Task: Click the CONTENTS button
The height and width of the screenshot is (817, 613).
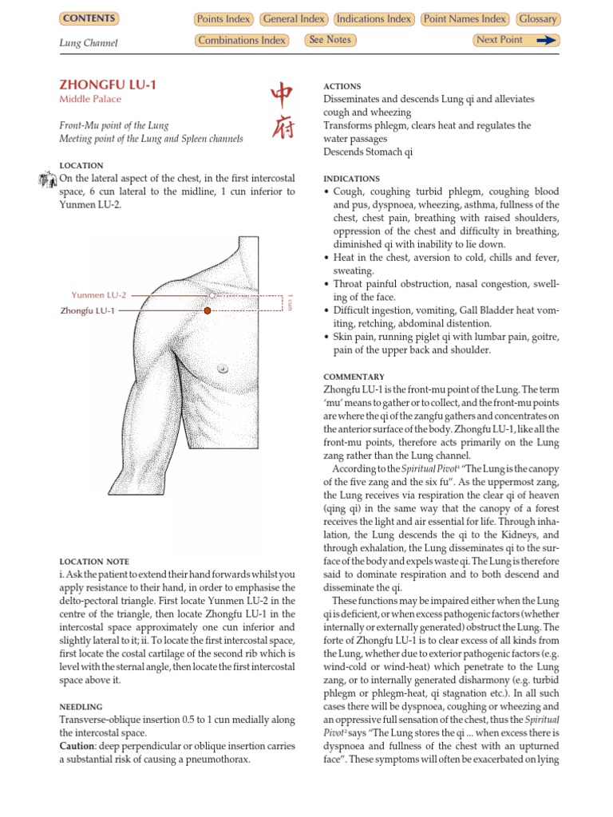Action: pos(89,18)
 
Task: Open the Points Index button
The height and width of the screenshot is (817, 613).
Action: pos(223,19)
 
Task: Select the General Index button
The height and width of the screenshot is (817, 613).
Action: pos(293,19)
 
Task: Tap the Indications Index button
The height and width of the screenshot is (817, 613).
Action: pos(374,19)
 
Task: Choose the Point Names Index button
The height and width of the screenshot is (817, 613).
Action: pos(465,19)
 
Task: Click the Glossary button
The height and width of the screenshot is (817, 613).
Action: pos(537,19)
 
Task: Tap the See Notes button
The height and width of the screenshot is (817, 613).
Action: pos(330,40)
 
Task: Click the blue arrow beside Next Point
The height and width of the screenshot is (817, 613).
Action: pos(546,41)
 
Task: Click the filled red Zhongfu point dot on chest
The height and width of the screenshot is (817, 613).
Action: pos(208,310)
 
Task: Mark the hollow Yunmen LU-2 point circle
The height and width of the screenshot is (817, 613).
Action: pos(212,295)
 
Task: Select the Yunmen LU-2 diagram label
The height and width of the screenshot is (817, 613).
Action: pos(98,295)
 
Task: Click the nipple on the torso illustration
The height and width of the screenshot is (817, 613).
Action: pos(223,368)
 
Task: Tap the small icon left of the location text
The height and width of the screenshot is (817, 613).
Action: pos(46,180)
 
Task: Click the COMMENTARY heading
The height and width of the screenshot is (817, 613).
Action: pos(354,377)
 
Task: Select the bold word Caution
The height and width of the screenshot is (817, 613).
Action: pos(77,745)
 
